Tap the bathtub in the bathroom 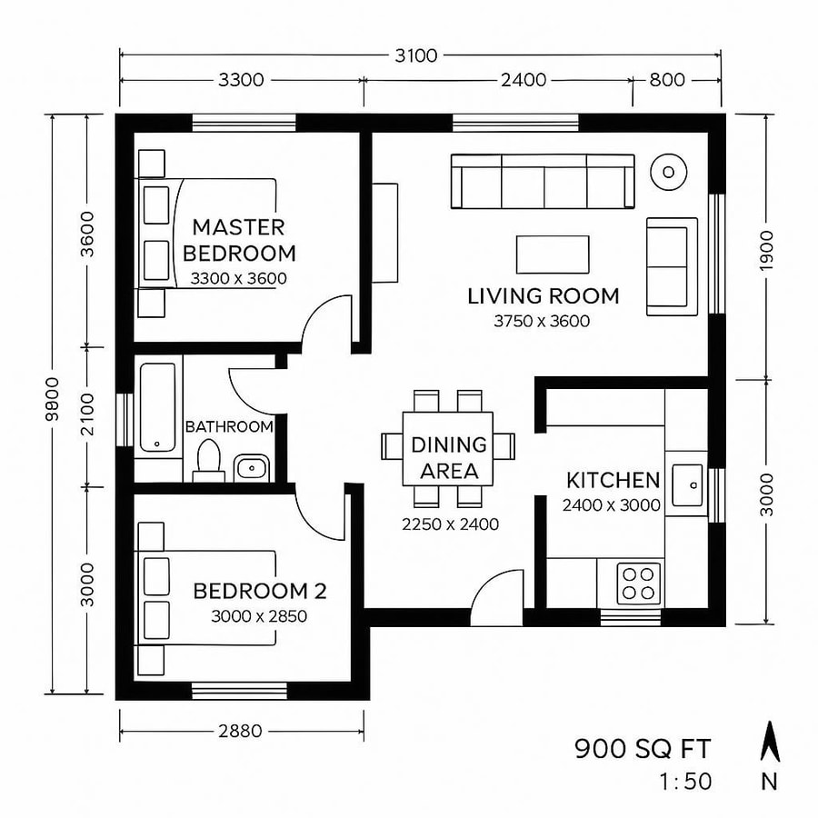159,409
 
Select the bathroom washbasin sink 250,468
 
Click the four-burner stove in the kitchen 639,583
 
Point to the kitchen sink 687,486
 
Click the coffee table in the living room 553,254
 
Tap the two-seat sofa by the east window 668,264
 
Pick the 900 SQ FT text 642,749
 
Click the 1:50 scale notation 686,781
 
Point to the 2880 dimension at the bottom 240,730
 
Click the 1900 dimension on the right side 765,247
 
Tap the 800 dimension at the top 666,80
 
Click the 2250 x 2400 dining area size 450,524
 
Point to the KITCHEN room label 613,480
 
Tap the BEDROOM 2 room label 259,591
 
